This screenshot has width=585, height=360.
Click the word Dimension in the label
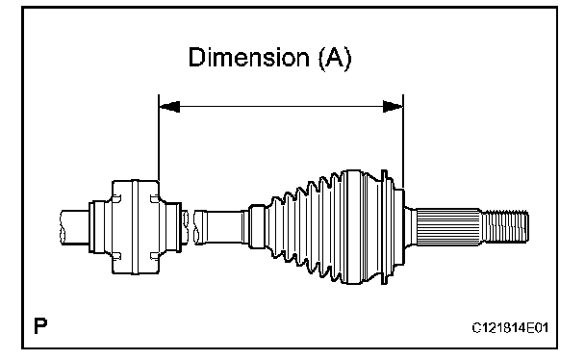[249, 58]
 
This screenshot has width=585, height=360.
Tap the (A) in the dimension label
[335, 58]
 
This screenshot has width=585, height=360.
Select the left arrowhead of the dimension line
[169, 107]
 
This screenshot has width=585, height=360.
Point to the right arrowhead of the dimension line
[393, 107]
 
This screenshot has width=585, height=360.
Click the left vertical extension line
[159, 138]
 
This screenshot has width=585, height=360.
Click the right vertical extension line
[403, 141]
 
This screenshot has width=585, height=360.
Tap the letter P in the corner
[40, 326]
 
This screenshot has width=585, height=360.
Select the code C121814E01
[510, 328]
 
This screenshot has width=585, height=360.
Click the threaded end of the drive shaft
[505, 226]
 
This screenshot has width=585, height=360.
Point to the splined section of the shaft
[448, 227]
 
